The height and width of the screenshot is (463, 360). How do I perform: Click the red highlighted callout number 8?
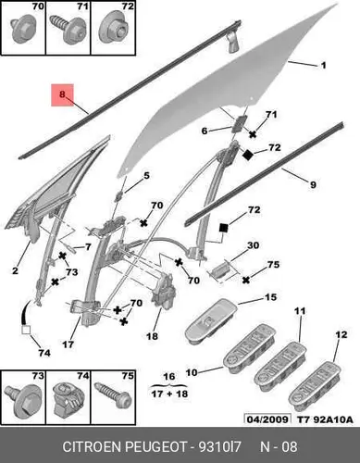62,94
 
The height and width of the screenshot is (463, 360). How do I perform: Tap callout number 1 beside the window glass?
323,66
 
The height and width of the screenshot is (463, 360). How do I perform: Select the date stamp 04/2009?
267,419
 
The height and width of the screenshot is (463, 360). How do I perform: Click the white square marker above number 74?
26,331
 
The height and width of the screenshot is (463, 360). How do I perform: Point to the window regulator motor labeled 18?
164,293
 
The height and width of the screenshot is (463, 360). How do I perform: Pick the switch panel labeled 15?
211,321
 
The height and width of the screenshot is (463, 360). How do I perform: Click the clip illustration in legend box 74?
68,401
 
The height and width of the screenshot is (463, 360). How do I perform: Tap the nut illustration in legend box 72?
115,29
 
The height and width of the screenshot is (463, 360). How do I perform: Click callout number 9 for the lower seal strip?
313,185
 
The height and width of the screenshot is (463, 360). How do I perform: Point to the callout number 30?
253,245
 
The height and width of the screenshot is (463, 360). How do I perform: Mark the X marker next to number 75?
245,280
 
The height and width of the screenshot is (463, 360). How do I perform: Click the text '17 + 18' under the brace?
169,394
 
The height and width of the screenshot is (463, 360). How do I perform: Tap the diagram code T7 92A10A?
325,419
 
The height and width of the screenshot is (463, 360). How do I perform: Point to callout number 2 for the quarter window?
15,270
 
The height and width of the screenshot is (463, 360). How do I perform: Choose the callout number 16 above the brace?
169,377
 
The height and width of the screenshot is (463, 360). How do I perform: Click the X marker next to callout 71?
253,134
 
